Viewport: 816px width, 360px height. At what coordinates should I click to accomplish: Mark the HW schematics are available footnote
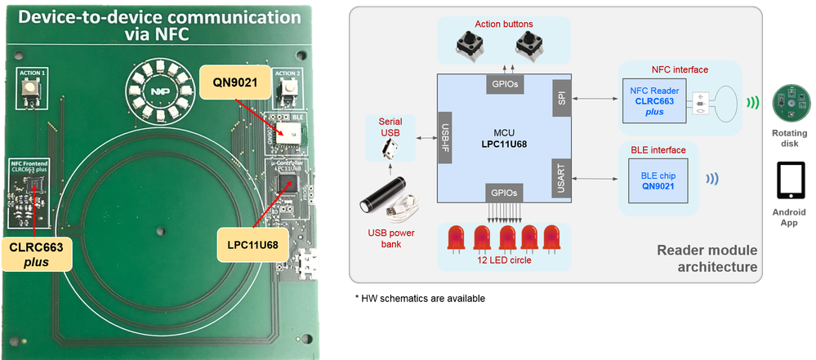coord(420,299)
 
